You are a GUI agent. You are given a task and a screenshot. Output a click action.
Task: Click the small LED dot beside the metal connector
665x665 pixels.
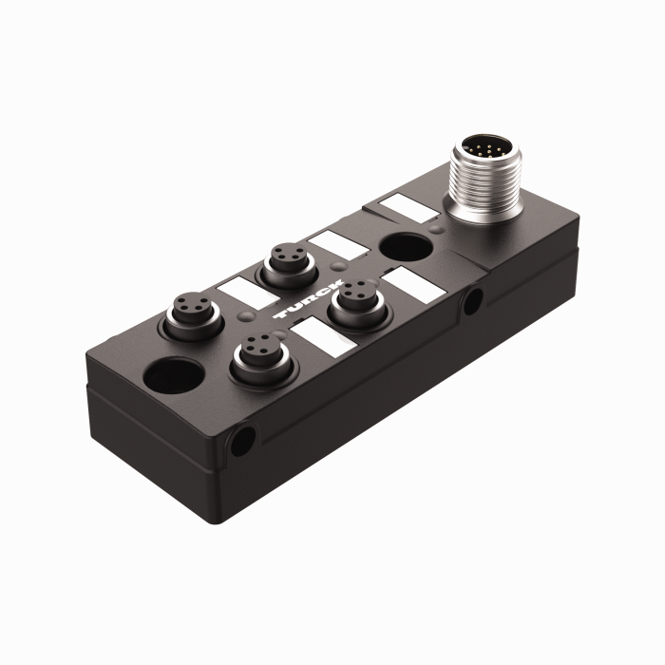pyautogui.click(x=435, y=228)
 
